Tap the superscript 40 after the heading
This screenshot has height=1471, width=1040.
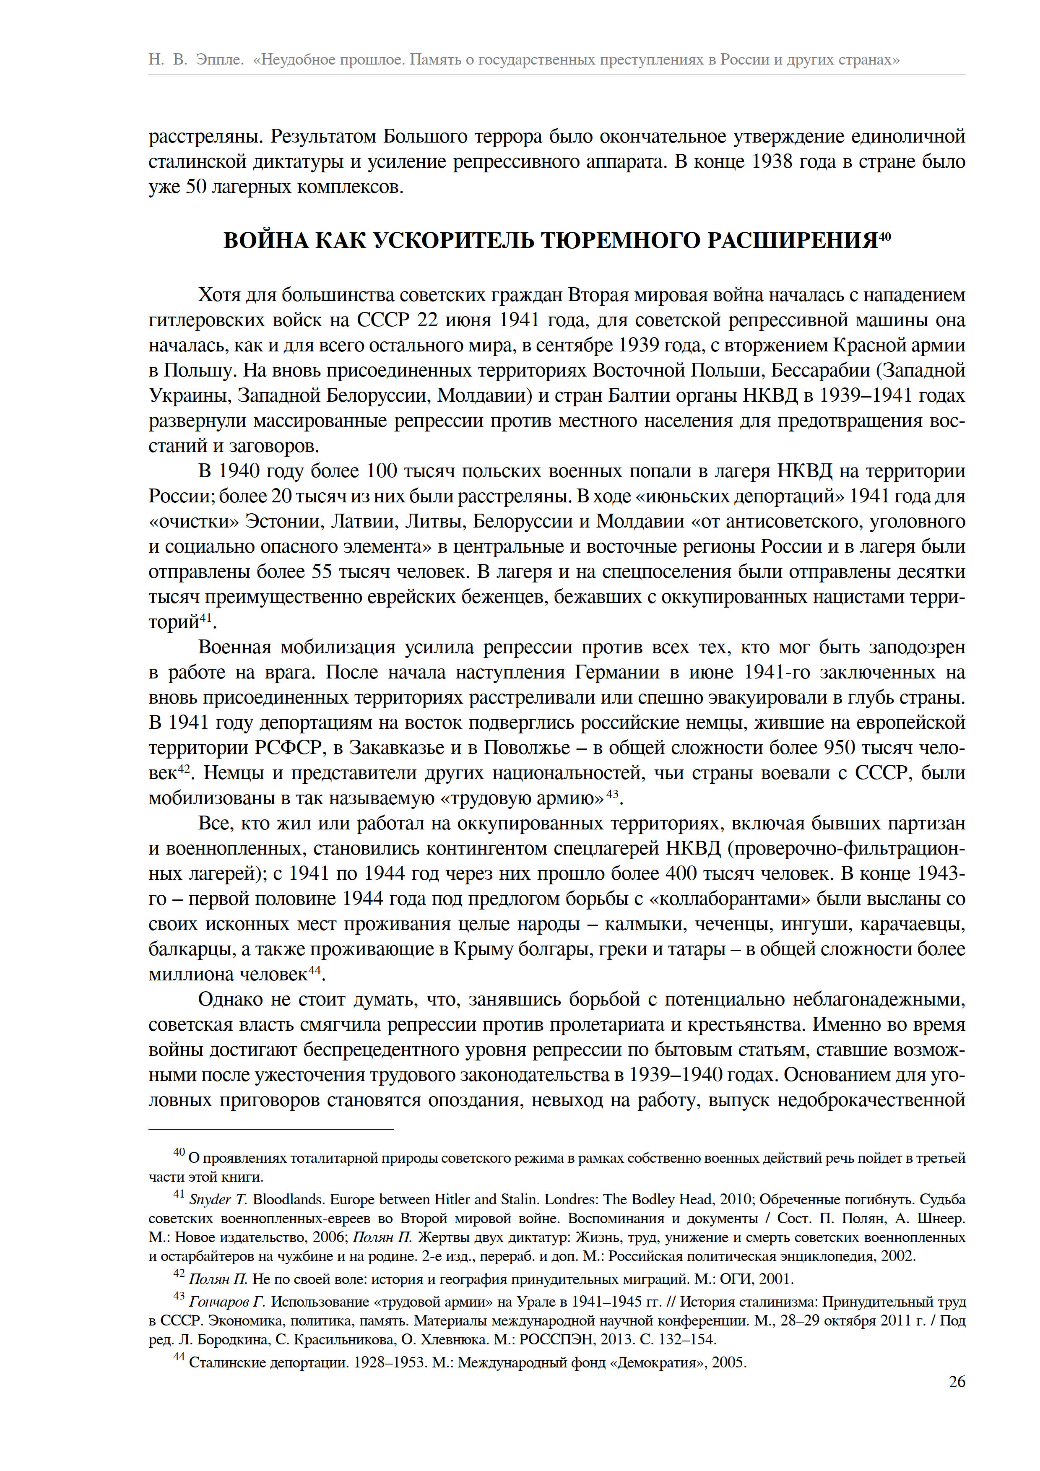click(884, 235)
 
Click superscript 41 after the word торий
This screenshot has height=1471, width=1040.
click(205, 618)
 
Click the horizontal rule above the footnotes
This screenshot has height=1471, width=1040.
click(271, 1130)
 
